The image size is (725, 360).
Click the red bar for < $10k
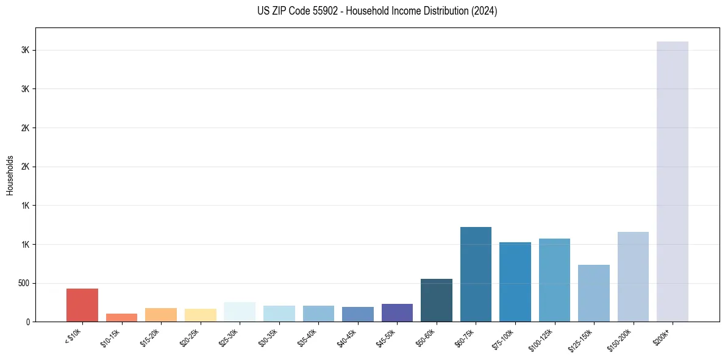(82, 304)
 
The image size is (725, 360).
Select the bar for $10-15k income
(121, 317)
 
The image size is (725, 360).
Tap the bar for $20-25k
(200, 315)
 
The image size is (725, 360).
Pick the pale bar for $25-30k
(240, 312)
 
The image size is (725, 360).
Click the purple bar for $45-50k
(397, 312)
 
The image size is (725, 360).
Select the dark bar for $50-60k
(437, 300)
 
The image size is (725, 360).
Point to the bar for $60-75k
(476, 274)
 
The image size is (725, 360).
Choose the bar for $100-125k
(554, 280)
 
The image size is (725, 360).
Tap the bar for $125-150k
(594, 293)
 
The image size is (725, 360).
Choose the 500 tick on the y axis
(23, 283)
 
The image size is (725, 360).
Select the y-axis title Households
(10, 175)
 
